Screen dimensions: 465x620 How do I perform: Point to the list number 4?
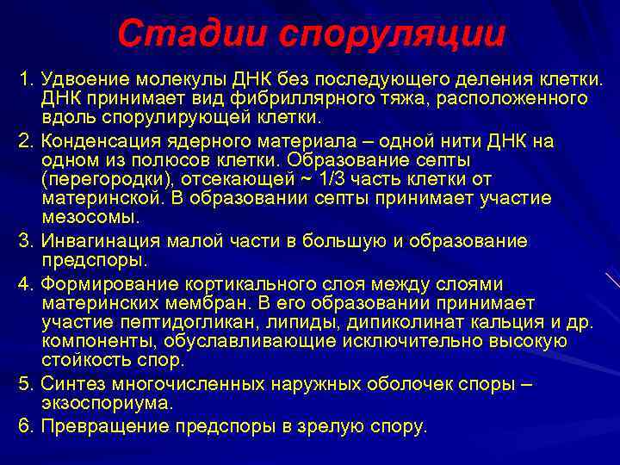coord(24,284)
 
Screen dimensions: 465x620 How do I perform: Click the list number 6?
coord(24,426)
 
